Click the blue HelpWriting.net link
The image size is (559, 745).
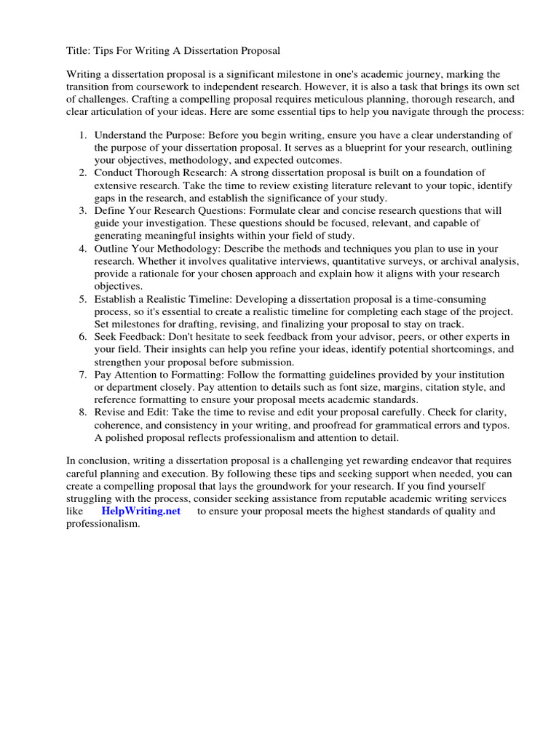[x=140, y=511]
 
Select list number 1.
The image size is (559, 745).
[x=83, y=135]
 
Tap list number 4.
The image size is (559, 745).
[x=83, y=249]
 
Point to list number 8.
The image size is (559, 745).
[x=83, y=413]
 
